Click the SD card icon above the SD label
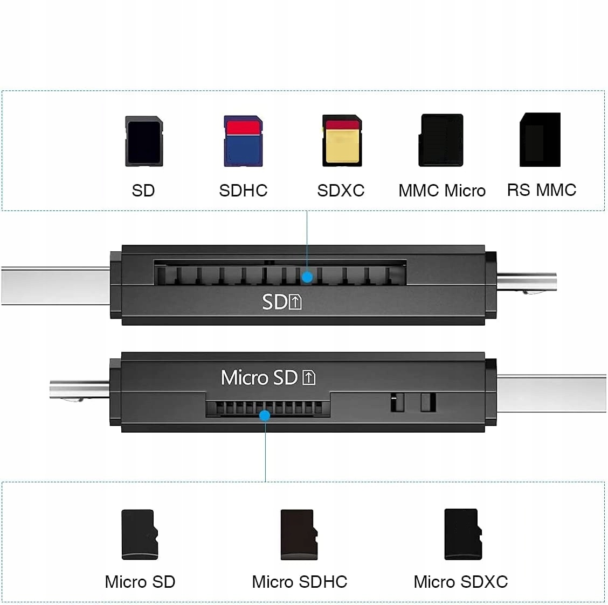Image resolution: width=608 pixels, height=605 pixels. [144, 141]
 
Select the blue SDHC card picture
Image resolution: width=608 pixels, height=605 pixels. [243, 141]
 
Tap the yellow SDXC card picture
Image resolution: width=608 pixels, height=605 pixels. [342, 140]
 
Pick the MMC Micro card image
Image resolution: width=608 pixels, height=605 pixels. [441, 140]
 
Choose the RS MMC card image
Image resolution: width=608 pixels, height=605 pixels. [540, 140]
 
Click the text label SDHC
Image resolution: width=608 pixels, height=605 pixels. [243, 191]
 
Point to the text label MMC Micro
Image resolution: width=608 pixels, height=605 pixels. [442, 191]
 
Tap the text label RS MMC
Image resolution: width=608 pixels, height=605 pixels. [542, 190]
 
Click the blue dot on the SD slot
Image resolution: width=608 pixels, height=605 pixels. [307, 277]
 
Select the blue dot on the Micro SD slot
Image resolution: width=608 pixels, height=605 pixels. [265, 416]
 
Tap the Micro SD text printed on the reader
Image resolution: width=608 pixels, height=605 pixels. [259, 377]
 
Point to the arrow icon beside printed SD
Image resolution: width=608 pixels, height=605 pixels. [296, 302]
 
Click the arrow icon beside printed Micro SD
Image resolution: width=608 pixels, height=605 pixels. [309, 377]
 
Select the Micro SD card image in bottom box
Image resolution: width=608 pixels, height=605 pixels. [140, 534]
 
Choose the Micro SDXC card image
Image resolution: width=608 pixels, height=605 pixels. [462, 534]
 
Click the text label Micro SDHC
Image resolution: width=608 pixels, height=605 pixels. [300, 582]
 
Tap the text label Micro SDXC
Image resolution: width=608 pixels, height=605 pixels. [461, 582]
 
